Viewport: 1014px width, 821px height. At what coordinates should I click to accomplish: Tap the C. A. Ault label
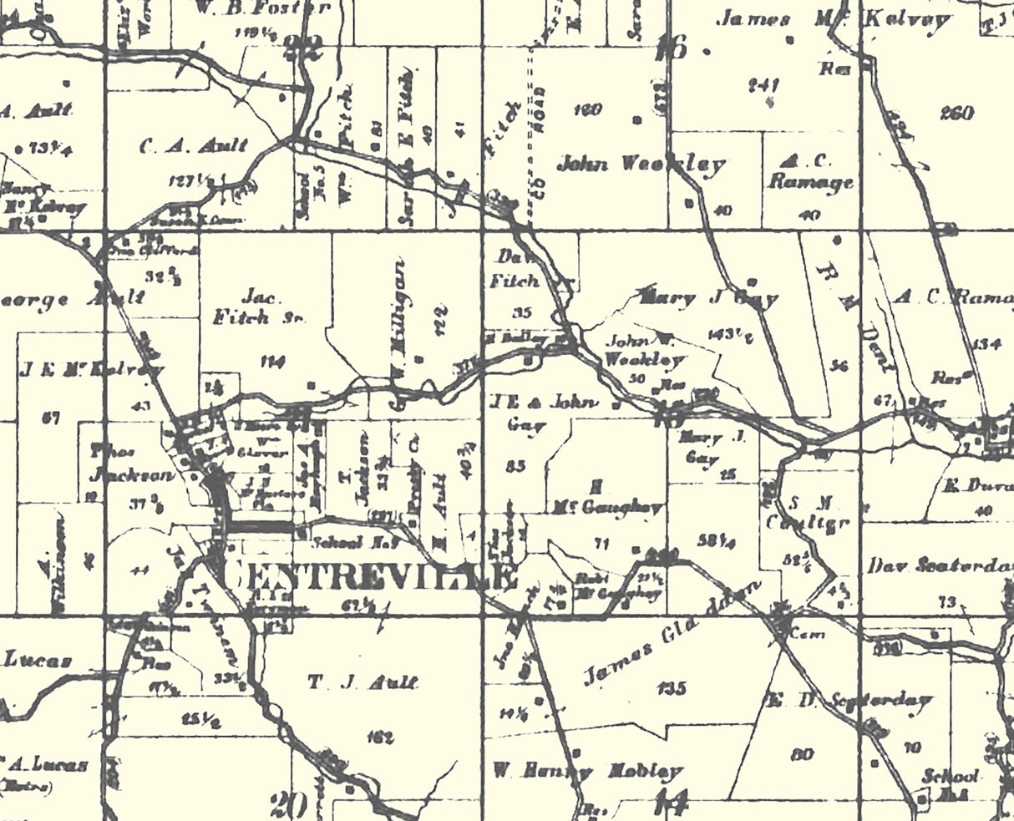194,145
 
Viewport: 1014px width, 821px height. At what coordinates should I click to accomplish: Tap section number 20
289,805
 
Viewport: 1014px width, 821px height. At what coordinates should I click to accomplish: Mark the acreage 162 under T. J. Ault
379,737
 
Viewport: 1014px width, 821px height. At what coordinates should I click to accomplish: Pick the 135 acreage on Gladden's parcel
672,688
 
